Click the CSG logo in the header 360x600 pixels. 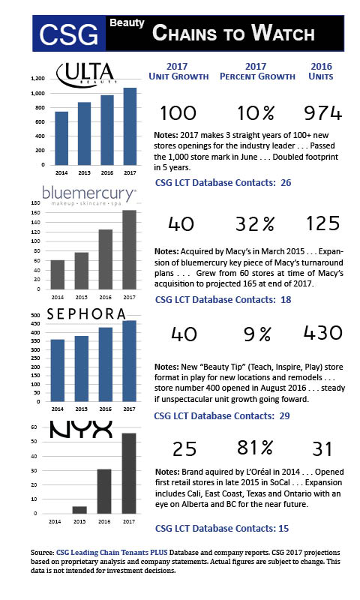click(69, 34)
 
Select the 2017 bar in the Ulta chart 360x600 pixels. click(130, 126)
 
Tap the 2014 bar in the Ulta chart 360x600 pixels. click(61, 138)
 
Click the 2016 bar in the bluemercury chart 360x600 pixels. click(106, 259)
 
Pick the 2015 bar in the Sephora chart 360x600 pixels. click(82, 368)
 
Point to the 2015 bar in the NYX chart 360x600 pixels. click(79, 510)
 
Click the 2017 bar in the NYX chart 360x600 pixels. click(129, 473)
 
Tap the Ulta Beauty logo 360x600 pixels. click(85, 73)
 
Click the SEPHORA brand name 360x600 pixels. click(86, 314)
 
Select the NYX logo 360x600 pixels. click(81, 429)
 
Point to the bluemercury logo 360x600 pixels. click(88, 195)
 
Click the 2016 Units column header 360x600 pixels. click(320, 71)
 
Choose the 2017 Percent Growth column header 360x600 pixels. click(257, 71)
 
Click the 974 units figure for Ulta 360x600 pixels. click(322, 113)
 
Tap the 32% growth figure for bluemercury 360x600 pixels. click(255, 224)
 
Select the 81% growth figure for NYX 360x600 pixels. click(255, 447)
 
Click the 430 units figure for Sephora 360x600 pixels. click(323, 332)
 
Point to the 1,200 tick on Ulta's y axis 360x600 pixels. click(37, 79)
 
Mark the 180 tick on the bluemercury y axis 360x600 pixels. click(35, 203)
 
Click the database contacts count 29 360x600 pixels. click(284, 416)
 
